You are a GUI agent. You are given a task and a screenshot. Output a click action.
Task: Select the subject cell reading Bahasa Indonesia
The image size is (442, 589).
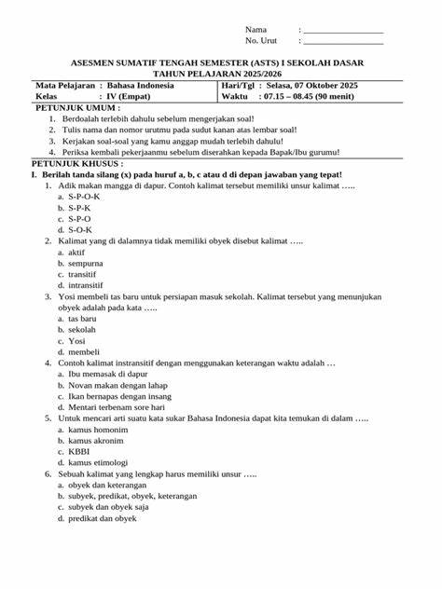coord(141,85)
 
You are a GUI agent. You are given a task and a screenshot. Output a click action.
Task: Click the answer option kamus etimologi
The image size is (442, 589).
coord(99,462)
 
